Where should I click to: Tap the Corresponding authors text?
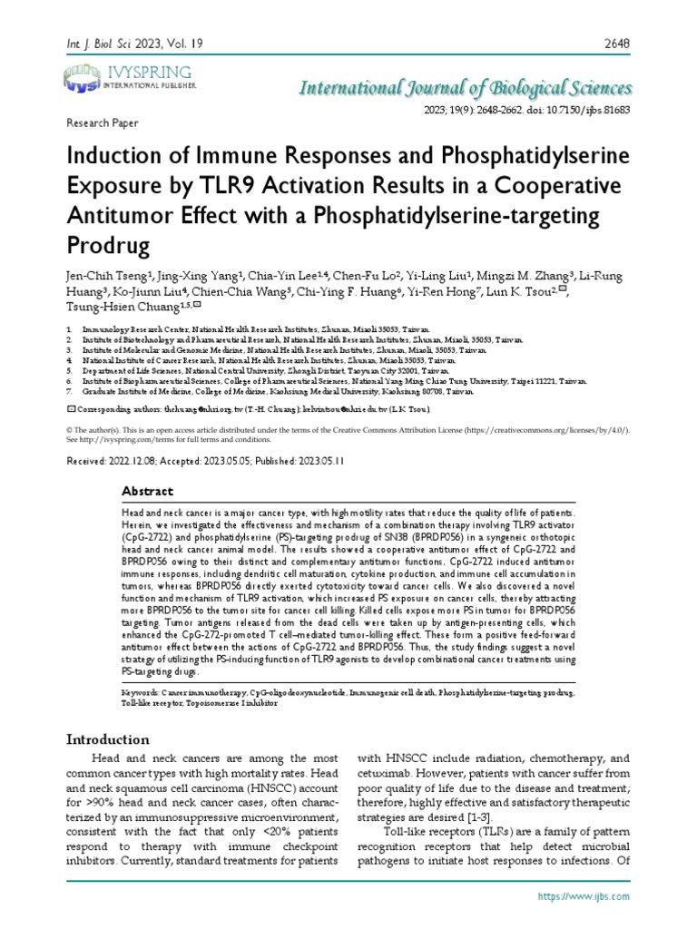(x=118, y=409)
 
